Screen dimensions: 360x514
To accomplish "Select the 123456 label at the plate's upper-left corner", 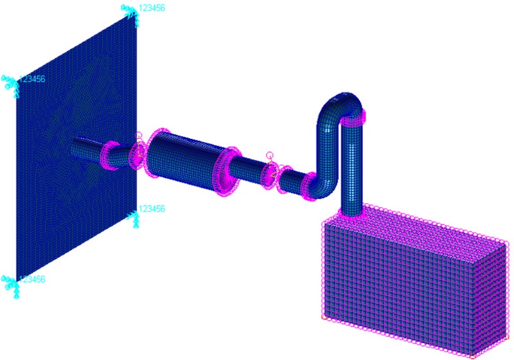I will point(32,79).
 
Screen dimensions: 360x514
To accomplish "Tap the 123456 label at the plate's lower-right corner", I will point(152,210).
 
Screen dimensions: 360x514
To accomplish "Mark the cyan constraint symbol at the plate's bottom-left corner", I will point(11,283).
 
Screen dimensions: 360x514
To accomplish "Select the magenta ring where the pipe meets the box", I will point(353,213).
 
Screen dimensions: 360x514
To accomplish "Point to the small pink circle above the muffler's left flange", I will point(137,136).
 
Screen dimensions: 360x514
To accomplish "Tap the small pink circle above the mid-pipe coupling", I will point(270,155).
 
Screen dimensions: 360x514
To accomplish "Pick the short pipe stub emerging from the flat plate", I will point(87,148).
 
